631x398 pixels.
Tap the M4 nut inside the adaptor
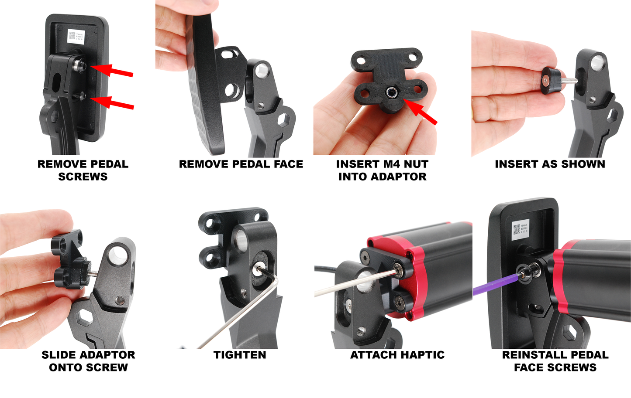390,92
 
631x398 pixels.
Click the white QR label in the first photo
75,36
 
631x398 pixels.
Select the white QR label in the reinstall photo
521,229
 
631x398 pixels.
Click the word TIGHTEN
240,355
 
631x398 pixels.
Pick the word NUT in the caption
415,164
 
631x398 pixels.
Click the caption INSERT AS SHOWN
550,164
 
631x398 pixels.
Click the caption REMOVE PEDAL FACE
241,164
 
